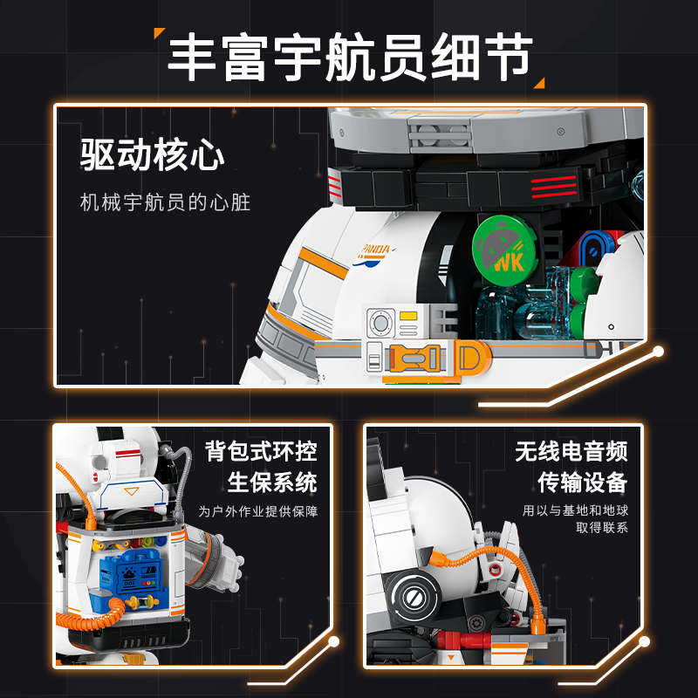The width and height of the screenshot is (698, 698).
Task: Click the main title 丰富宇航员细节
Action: click(350, 57)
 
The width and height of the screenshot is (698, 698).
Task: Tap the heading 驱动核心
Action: click(152, 154)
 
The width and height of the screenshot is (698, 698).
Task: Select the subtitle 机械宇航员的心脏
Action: click(165, 202)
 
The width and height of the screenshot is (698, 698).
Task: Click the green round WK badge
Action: click(505, 250)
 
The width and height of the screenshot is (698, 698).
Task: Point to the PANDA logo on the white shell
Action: click(374, 256)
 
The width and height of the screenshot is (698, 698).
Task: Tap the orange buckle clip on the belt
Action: click(415, 359)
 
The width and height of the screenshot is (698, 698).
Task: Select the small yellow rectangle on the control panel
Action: click(408, 316)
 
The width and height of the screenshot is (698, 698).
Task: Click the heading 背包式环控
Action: click(261, 451)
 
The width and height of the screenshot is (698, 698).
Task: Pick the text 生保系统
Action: click(272, 482)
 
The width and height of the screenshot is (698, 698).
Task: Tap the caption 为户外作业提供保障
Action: click(258, 511)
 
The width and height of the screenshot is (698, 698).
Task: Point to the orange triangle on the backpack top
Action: click(132, 491)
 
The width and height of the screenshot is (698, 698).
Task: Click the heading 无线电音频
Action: click(571, 451)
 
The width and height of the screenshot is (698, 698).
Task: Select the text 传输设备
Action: click(582, 482)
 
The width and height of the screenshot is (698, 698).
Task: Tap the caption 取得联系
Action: click(602, 528)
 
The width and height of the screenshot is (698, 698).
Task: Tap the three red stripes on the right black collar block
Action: click(554, 186)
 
